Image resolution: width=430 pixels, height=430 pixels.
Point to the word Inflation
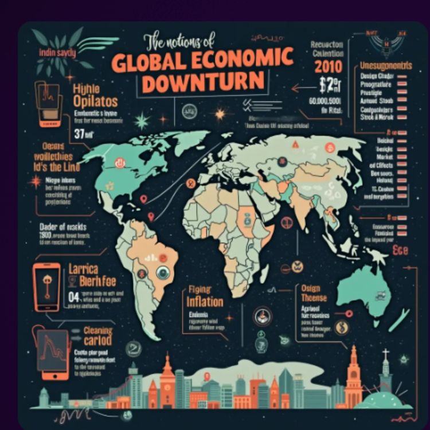click(x=204, y=302)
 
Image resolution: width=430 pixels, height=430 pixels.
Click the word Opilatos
click(x=96, y=101)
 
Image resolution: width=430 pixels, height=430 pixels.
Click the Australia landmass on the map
click(x=363, y=292)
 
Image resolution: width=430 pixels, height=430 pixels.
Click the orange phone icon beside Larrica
click(x=47, y=287)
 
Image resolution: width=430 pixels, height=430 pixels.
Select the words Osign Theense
click(x=314, y=293)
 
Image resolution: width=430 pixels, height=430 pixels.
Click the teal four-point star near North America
click(x=142, y=121)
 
